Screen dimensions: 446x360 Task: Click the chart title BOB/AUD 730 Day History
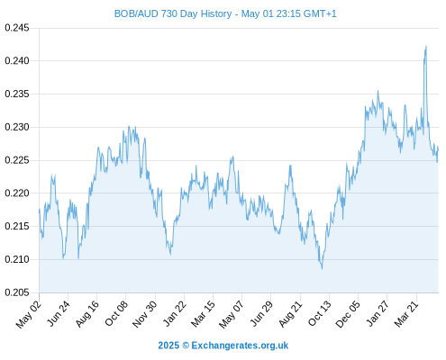tap(173, 13)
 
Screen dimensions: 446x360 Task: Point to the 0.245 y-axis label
tap(17, 28)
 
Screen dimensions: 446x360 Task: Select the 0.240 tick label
tap(17, 61)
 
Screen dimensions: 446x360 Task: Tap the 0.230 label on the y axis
tap(17, 127)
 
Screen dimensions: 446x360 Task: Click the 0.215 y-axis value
tap(17, 226)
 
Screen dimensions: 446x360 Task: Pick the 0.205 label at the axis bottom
tap(17, 292)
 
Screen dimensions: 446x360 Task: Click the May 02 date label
tap(28, 314)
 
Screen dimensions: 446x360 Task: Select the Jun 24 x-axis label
tap(59, 313)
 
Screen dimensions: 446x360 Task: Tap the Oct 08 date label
tap(116, 313)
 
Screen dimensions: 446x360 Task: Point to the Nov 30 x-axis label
tap(144, 314)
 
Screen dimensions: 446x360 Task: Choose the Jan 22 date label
tap(175, 313)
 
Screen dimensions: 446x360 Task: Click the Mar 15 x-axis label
tap(203, 313)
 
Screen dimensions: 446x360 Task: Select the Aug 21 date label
tap(290, 313)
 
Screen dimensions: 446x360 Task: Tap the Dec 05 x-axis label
tap(347, 314)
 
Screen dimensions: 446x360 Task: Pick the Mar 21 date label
tap(406, 313)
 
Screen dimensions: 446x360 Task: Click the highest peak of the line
tap(426, 46)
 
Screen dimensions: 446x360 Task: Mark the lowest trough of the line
tap(323, 269)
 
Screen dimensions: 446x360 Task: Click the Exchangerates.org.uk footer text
tap(240, 346)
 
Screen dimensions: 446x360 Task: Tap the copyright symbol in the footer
tap(186, 346)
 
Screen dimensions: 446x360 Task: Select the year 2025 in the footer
tap(168, 346)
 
